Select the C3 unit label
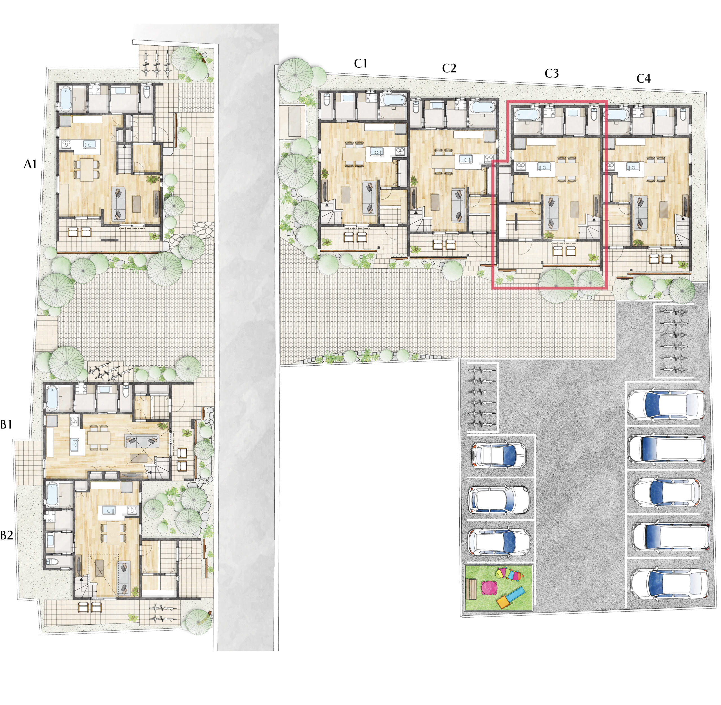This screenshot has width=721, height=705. click(551, 74)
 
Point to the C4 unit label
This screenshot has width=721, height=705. click(643, 78)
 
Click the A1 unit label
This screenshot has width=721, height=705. click(30, 164)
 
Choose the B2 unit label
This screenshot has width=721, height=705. click(7, 535)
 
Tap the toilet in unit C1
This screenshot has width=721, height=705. click(327, 100)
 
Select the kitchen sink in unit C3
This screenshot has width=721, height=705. click(543, 167)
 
